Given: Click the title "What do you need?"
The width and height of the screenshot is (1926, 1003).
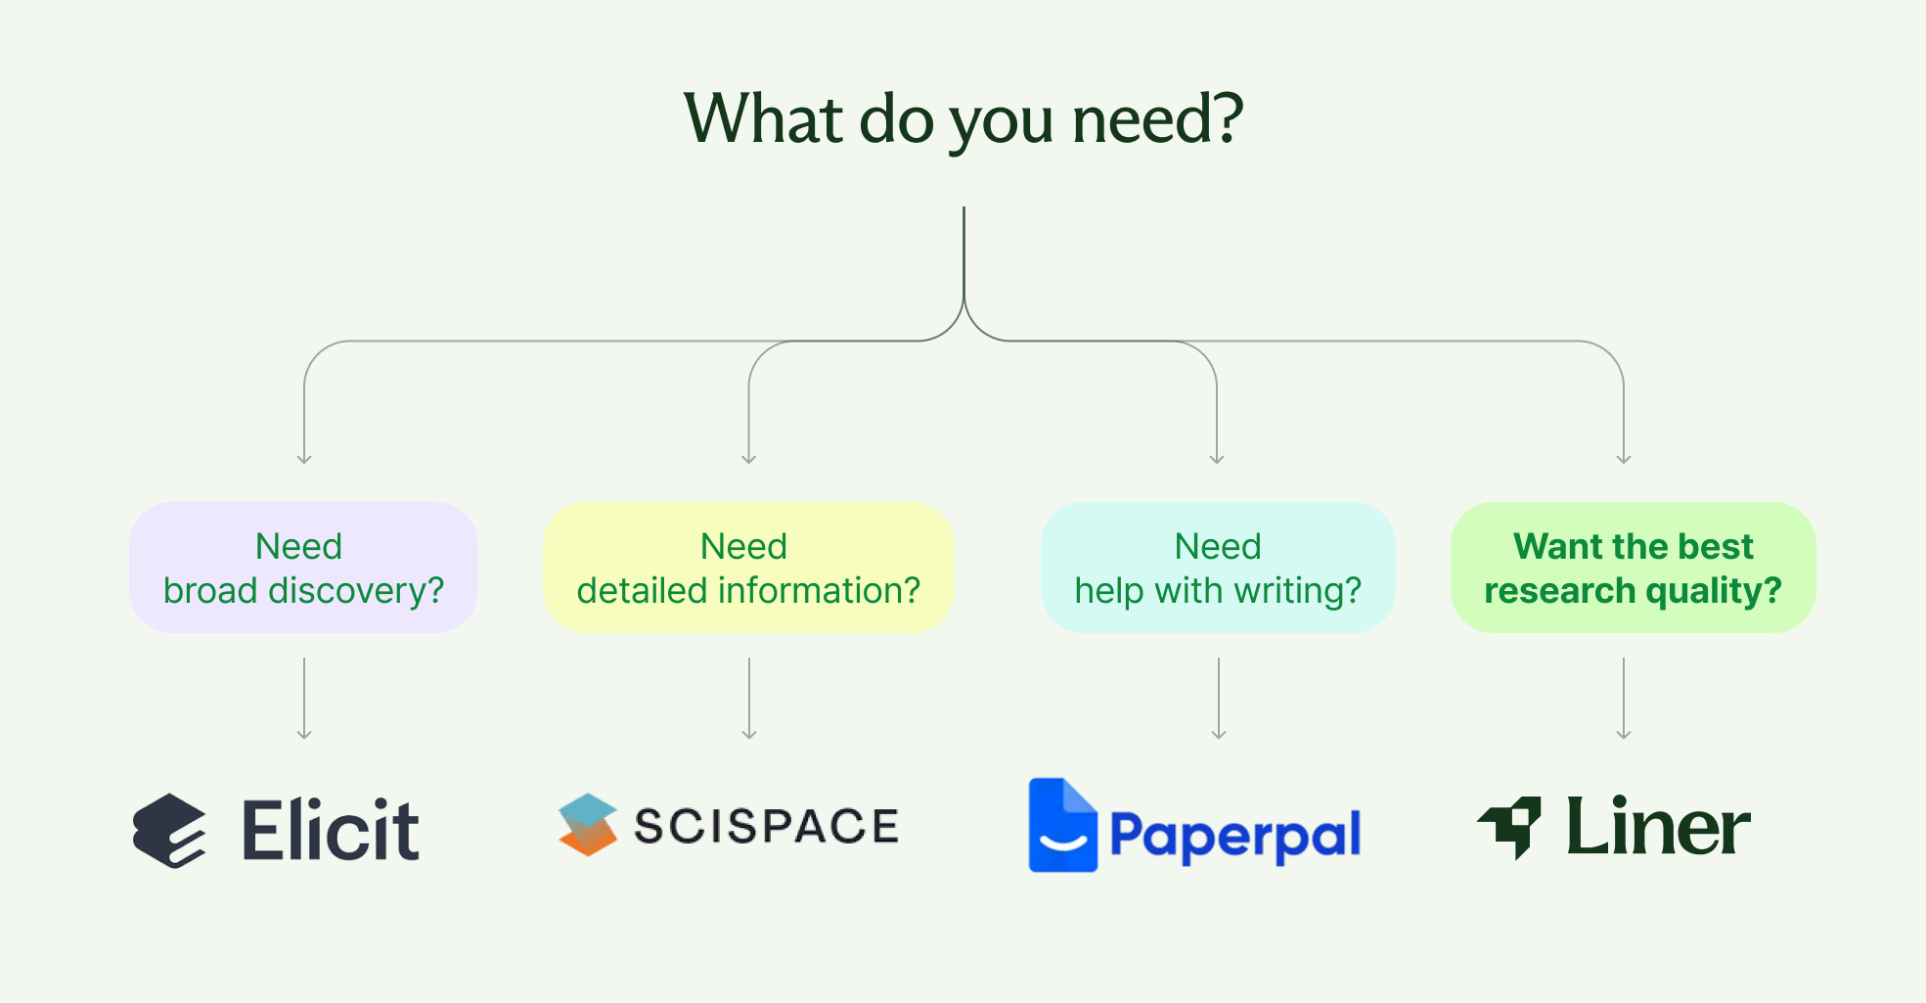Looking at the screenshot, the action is [963, 120].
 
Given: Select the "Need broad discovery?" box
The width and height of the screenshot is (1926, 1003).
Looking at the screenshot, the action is [303, 568].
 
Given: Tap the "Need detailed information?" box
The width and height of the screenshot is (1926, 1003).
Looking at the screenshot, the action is [748, 568].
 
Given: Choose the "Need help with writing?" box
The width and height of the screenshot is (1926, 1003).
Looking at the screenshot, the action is [1218, 568].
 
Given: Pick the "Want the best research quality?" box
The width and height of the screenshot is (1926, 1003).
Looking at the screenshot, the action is [1634, 568].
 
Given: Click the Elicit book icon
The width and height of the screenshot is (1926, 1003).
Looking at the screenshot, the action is [169, 831].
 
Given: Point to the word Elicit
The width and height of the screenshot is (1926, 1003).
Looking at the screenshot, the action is [331, 831].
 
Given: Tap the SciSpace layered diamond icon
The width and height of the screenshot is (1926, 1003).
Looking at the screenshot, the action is [587, 825].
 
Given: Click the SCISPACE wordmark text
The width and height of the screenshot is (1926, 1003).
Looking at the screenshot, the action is [766, 826].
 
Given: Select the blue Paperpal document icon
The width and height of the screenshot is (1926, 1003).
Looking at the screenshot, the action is [1062, 825].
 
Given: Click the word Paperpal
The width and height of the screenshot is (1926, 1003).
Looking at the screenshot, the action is [1235, 836].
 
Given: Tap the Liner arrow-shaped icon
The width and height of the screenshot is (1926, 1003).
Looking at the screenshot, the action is [1509, 828].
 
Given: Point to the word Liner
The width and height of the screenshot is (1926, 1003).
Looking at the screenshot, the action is [1658, 826].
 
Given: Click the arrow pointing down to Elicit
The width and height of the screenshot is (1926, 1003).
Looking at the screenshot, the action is [304, 699].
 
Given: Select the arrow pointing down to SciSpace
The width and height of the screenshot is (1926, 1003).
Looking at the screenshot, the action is [749, 699].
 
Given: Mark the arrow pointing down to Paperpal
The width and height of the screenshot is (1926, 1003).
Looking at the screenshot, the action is [1219, 699].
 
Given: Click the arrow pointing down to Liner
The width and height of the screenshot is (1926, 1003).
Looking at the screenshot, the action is [1624, 699].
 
